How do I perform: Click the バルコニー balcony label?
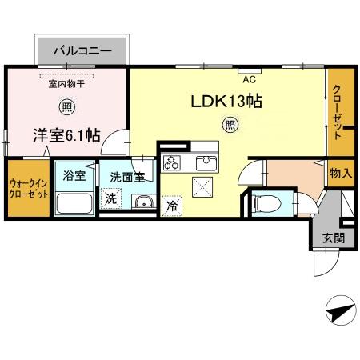[x=82, y=50]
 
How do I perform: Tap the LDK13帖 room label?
[x=226, y=102]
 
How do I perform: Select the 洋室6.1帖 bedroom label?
[x=66, y=135]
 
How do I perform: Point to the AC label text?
[x=250, y=79]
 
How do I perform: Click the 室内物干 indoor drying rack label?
[x=66, y=84]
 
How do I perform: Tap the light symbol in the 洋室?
[x=67, y=107]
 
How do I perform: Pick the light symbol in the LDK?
[x=230, y=125]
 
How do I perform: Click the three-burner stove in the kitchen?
[x=171, y=162]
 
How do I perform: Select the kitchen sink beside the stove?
[x=206, y=163]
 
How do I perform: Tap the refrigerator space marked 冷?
[x=171, y=206]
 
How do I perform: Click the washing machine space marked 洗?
[x=111, y=198]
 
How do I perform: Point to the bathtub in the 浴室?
[x=74, y=203]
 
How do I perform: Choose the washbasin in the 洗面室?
[x=144, y=202]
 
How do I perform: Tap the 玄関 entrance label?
[x=334, y=238]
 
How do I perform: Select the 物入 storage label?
[x=341, y=174]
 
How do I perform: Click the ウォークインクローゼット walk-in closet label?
[x=29, y=189]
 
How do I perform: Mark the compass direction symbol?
[x=341, y=310]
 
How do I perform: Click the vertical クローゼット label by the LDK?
[x=337, y=112]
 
